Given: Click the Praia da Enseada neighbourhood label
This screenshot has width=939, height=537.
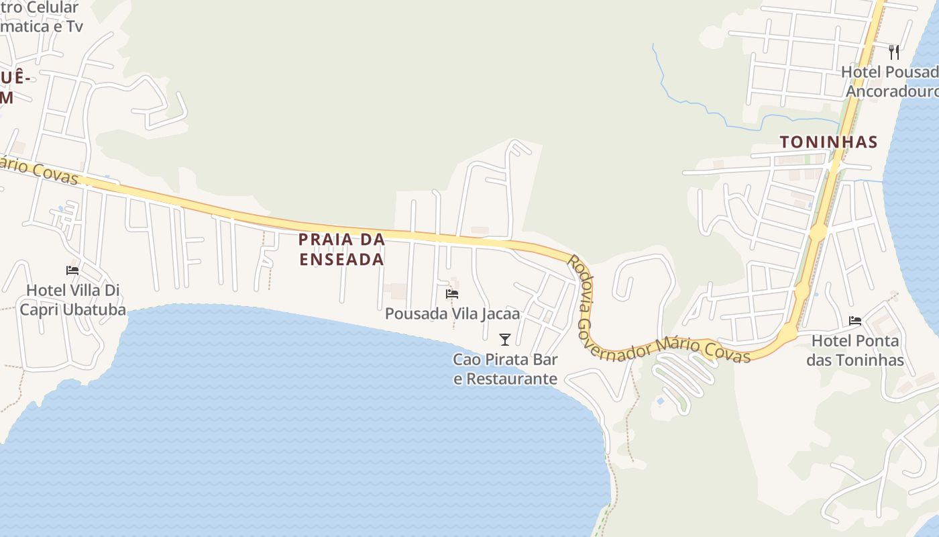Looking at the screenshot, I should pyautogui.click(x=341, y=249).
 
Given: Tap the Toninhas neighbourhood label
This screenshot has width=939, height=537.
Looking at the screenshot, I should pyautogui.click(x=828, y=142).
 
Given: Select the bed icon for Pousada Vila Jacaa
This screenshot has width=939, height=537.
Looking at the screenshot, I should pyautogui.click(x=452, y=294).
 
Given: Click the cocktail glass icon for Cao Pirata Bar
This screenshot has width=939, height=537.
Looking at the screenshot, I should pyautogui.click(x=505, y=340).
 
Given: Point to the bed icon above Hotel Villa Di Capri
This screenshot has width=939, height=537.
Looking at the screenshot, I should pyautogui.click(x=72, y=271).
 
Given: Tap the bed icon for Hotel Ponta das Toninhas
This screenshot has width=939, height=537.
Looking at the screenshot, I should pyautogui.click(x=855, y=321).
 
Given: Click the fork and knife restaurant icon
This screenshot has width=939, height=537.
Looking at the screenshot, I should pyautogui.click(x=893, y=52).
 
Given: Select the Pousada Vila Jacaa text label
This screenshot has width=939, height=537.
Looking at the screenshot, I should pyautogui.click(x=452, y=313).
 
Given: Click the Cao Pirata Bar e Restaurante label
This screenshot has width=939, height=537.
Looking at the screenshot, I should pyautogui.click(x=505, y=369).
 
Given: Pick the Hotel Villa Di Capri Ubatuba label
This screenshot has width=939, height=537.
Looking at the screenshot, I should pyautogui.click(x=72, y=300).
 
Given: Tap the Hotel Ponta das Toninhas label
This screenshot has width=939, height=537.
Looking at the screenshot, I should pyautogui.click(x=855, y=350).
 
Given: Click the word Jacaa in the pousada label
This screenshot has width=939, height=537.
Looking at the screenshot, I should pyautogui.click(x=499, y=313).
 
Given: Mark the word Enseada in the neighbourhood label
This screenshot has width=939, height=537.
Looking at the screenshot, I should pyautogui.click(x=341, y=259).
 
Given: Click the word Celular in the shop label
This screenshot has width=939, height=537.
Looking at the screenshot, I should pyautogui.click(x=51, y=8).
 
